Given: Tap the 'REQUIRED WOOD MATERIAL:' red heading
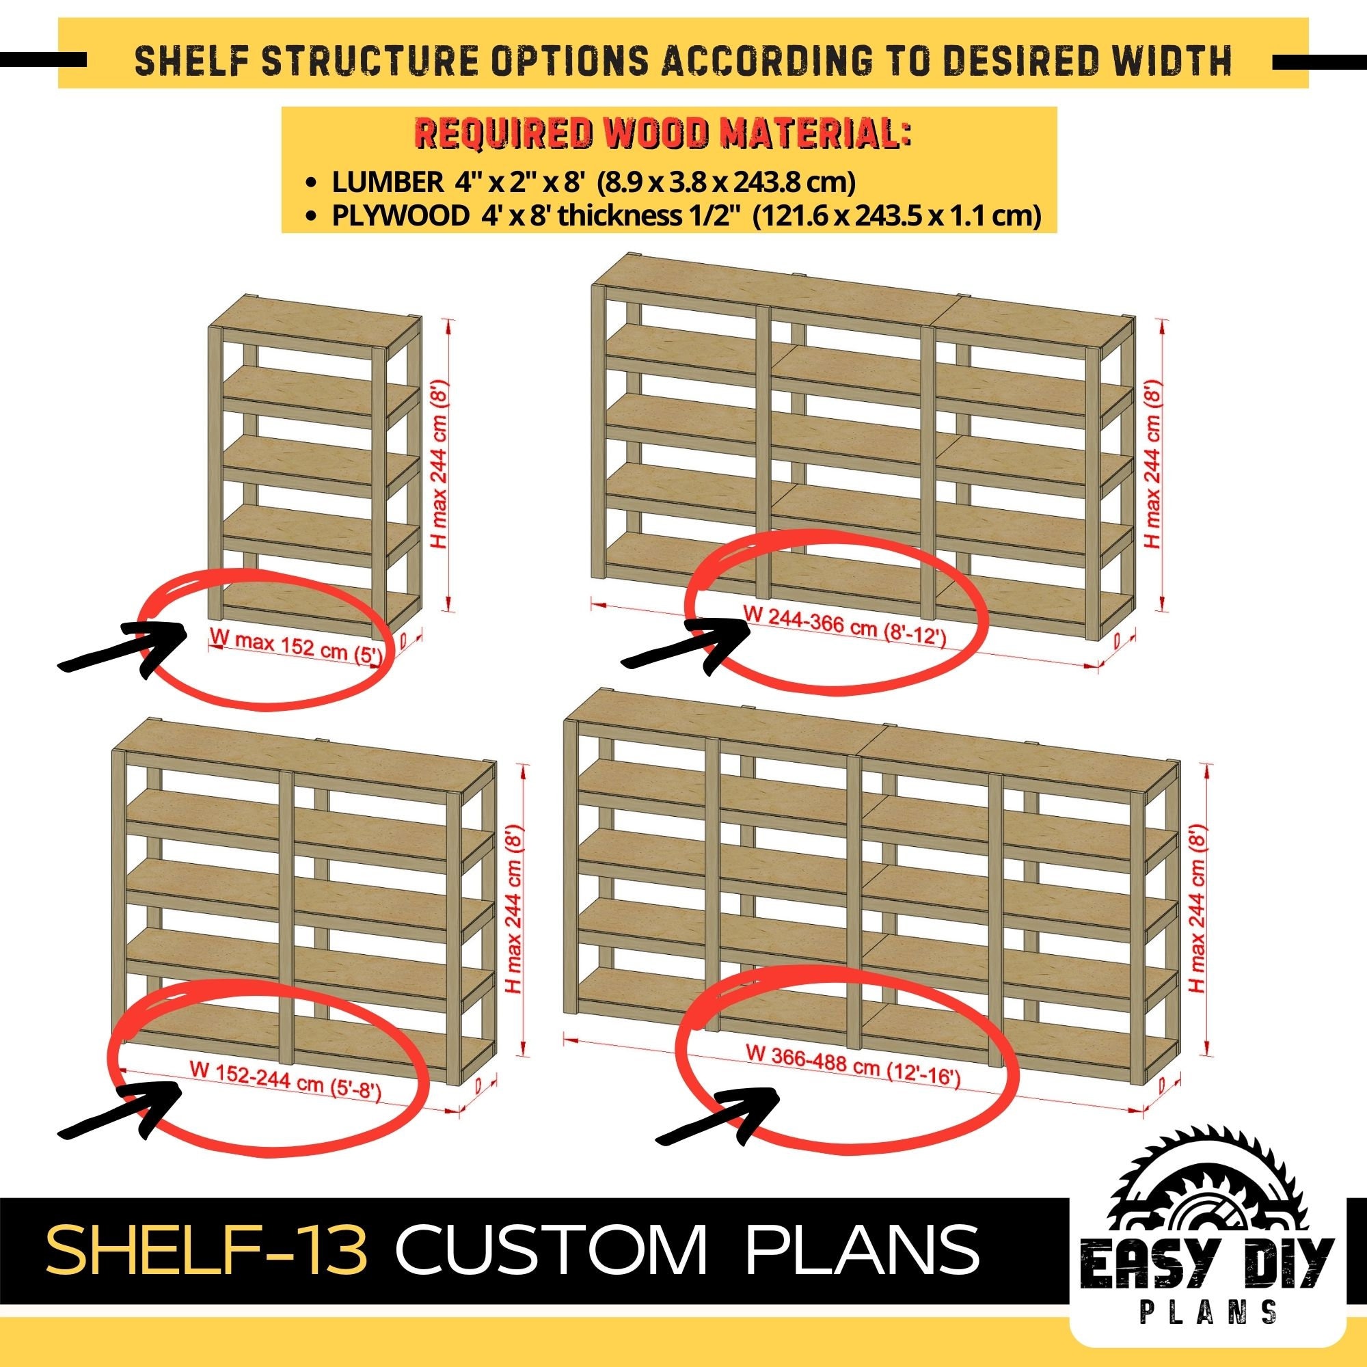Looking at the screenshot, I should [662, 135].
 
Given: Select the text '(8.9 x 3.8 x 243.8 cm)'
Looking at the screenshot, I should [727, 182].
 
